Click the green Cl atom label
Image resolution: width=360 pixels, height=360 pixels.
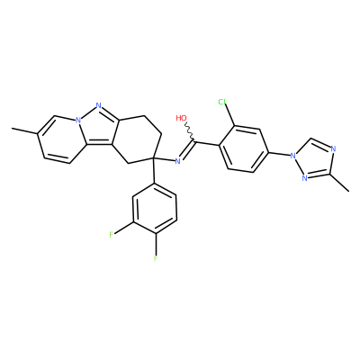tap(222, 103)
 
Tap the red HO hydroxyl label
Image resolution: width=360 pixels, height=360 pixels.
tap(181, 118)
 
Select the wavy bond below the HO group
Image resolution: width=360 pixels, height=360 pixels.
tap(190, 131)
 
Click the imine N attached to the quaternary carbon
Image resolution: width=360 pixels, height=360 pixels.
tap(177, 161)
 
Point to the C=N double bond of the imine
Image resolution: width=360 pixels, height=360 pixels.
tap(187, 149)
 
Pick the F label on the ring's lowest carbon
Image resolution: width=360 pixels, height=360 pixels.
tap(156, 258)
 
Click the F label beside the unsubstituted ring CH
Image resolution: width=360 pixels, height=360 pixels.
tap(112, 235)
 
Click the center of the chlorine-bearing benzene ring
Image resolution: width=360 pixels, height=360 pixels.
tap(243, 149)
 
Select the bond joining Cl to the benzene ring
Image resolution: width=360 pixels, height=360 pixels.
tap(229, 115)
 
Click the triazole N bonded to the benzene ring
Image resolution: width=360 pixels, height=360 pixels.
tap(293, 156)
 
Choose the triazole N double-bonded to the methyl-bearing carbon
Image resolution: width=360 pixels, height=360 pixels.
tap(304, 178)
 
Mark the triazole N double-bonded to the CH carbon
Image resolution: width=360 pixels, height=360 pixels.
tap(334, 148)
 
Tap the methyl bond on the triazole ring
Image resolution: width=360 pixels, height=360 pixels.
tap(339, 183)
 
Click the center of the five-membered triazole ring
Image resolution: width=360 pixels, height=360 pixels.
tap(314, 160)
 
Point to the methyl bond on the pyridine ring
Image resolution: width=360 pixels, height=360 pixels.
tap(25, 131)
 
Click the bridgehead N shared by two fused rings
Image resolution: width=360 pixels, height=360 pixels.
tap(78, 121)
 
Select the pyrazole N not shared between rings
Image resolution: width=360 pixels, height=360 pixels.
tap(98, 105)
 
